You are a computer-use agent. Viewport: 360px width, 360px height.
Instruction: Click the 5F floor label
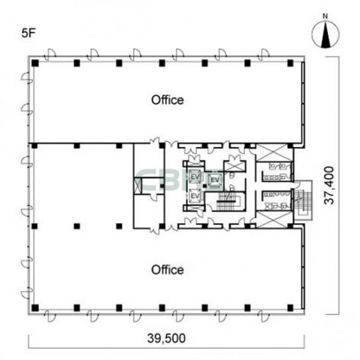(x=28, y=33)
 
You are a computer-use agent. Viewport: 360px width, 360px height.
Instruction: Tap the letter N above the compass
(x=325, y=16)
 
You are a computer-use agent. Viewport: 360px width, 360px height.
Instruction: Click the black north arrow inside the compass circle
(x=326, y=35)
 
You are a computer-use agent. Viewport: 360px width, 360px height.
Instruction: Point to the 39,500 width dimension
(x=167, y=338)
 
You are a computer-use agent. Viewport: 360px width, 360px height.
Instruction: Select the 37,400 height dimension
(x=329, y=185)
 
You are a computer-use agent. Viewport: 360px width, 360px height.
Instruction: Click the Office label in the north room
(x=167, y=100)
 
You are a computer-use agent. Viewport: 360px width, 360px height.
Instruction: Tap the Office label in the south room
(x=167, y=270)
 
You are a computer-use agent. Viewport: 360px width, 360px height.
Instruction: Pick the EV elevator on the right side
(x=215, y=180)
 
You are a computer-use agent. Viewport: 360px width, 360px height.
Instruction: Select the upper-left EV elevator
(x=195, y=177)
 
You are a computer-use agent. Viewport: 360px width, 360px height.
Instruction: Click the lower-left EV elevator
(x=195, y=197)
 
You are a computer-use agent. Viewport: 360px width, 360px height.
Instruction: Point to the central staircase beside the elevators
(x=228, y=201)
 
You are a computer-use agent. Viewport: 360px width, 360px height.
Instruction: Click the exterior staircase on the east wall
(x=304, y=201)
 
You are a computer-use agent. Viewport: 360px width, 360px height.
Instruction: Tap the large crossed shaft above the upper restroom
(x=275, y=153)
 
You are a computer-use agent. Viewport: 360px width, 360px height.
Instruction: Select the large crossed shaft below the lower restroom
(x=275, y=219)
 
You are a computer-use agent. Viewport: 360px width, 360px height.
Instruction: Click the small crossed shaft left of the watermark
(x=138, y=186)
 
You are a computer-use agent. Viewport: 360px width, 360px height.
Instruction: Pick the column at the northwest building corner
(x=35, y=63)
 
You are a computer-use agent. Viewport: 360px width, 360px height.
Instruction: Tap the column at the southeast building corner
(x=291, y=308)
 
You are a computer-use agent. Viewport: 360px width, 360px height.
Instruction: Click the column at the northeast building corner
(x=291, y=63)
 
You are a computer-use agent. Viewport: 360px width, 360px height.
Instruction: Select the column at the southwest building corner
(x=35, y=308)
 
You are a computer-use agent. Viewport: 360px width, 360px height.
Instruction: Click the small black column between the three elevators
(x=204, y=186)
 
